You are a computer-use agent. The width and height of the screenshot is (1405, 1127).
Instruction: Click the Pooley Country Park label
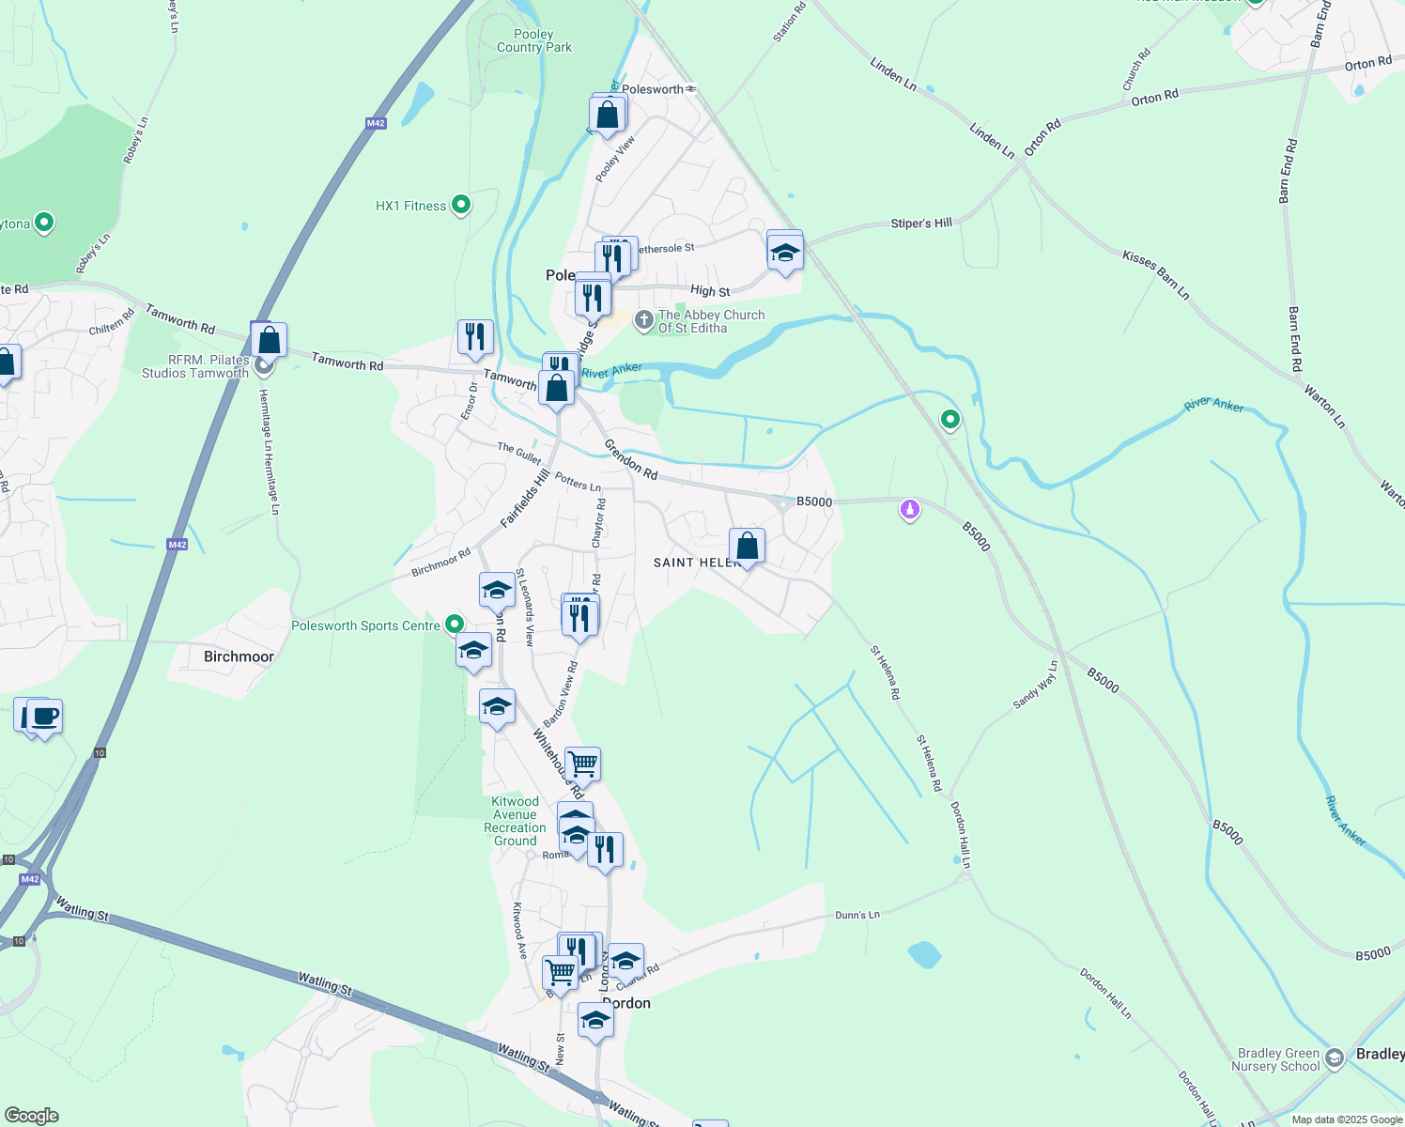click(x=533, y=41)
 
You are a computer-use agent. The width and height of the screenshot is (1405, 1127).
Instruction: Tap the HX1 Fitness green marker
click(x=461, y=205)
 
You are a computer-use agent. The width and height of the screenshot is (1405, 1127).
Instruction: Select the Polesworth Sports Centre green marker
click(x=455, y=624)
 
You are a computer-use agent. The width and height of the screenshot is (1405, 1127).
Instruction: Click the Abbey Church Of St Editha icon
click(x=643, y=321)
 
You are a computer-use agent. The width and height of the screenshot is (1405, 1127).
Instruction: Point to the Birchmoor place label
click(x=239, y=656)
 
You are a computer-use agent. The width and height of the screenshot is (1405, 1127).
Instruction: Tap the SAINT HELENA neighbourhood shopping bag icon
click(x=747, y=546)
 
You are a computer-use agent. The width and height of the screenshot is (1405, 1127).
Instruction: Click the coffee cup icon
click(x=44, y=717)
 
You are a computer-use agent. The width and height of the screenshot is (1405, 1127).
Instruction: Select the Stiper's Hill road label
click(x=921, y=224)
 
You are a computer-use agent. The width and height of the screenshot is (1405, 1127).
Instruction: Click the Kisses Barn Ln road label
click(x=1155, y=275)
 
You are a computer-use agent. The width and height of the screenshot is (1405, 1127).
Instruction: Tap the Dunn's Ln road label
click(x=857, y=915)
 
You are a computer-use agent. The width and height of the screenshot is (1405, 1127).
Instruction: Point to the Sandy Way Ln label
click(x=1035, y=685)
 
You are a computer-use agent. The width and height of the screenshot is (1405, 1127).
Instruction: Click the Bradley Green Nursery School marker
click(x=1334, y=1058)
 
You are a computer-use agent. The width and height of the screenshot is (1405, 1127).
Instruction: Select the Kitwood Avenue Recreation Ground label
click(x=516, y=822)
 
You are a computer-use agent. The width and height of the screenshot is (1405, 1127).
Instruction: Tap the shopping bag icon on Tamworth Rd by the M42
click(x=269, y=340)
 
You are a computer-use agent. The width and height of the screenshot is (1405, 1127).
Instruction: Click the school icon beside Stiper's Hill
click(x=784, y=252)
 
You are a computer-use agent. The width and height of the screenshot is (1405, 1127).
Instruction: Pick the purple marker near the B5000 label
click(x=909, y=509)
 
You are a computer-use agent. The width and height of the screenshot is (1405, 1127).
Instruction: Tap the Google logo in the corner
click(x=32, y=1115)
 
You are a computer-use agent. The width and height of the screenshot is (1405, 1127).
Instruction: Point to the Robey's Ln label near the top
click(x=136, y=141)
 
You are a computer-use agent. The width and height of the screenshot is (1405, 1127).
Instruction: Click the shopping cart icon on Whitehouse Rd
click(x=582, y=764)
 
